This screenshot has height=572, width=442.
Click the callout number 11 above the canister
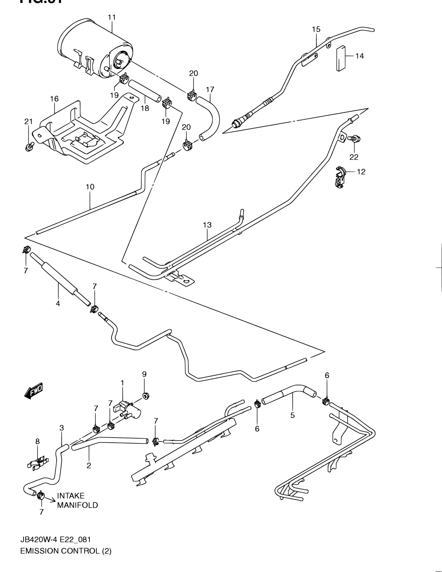[112, 17]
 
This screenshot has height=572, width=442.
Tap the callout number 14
[359, 56]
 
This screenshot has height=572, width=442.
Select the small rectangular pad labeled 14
[341, 58]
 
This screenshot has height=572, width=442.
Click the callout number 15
[316, 29]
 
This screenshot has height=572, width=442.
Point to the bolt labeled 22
[355, 139]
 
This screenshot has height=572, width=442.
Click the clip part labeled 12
[339, 177]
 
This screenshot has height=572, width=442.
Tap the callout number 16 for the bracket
[54, 99]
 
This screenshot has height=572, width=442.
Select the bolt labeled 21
[29, 146]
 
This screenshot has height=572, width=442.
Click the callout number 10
[90, 187]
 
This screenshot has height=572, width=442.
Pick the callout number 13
[207, 225]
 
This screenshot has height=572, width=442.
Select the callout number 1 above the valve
[122, 382]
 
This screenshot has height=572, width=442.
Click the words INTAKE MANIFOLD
[77, 500]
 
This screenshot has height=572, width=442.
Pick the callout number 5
[293, 415]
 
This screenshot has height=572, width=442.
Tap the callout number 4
[58, 304]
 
